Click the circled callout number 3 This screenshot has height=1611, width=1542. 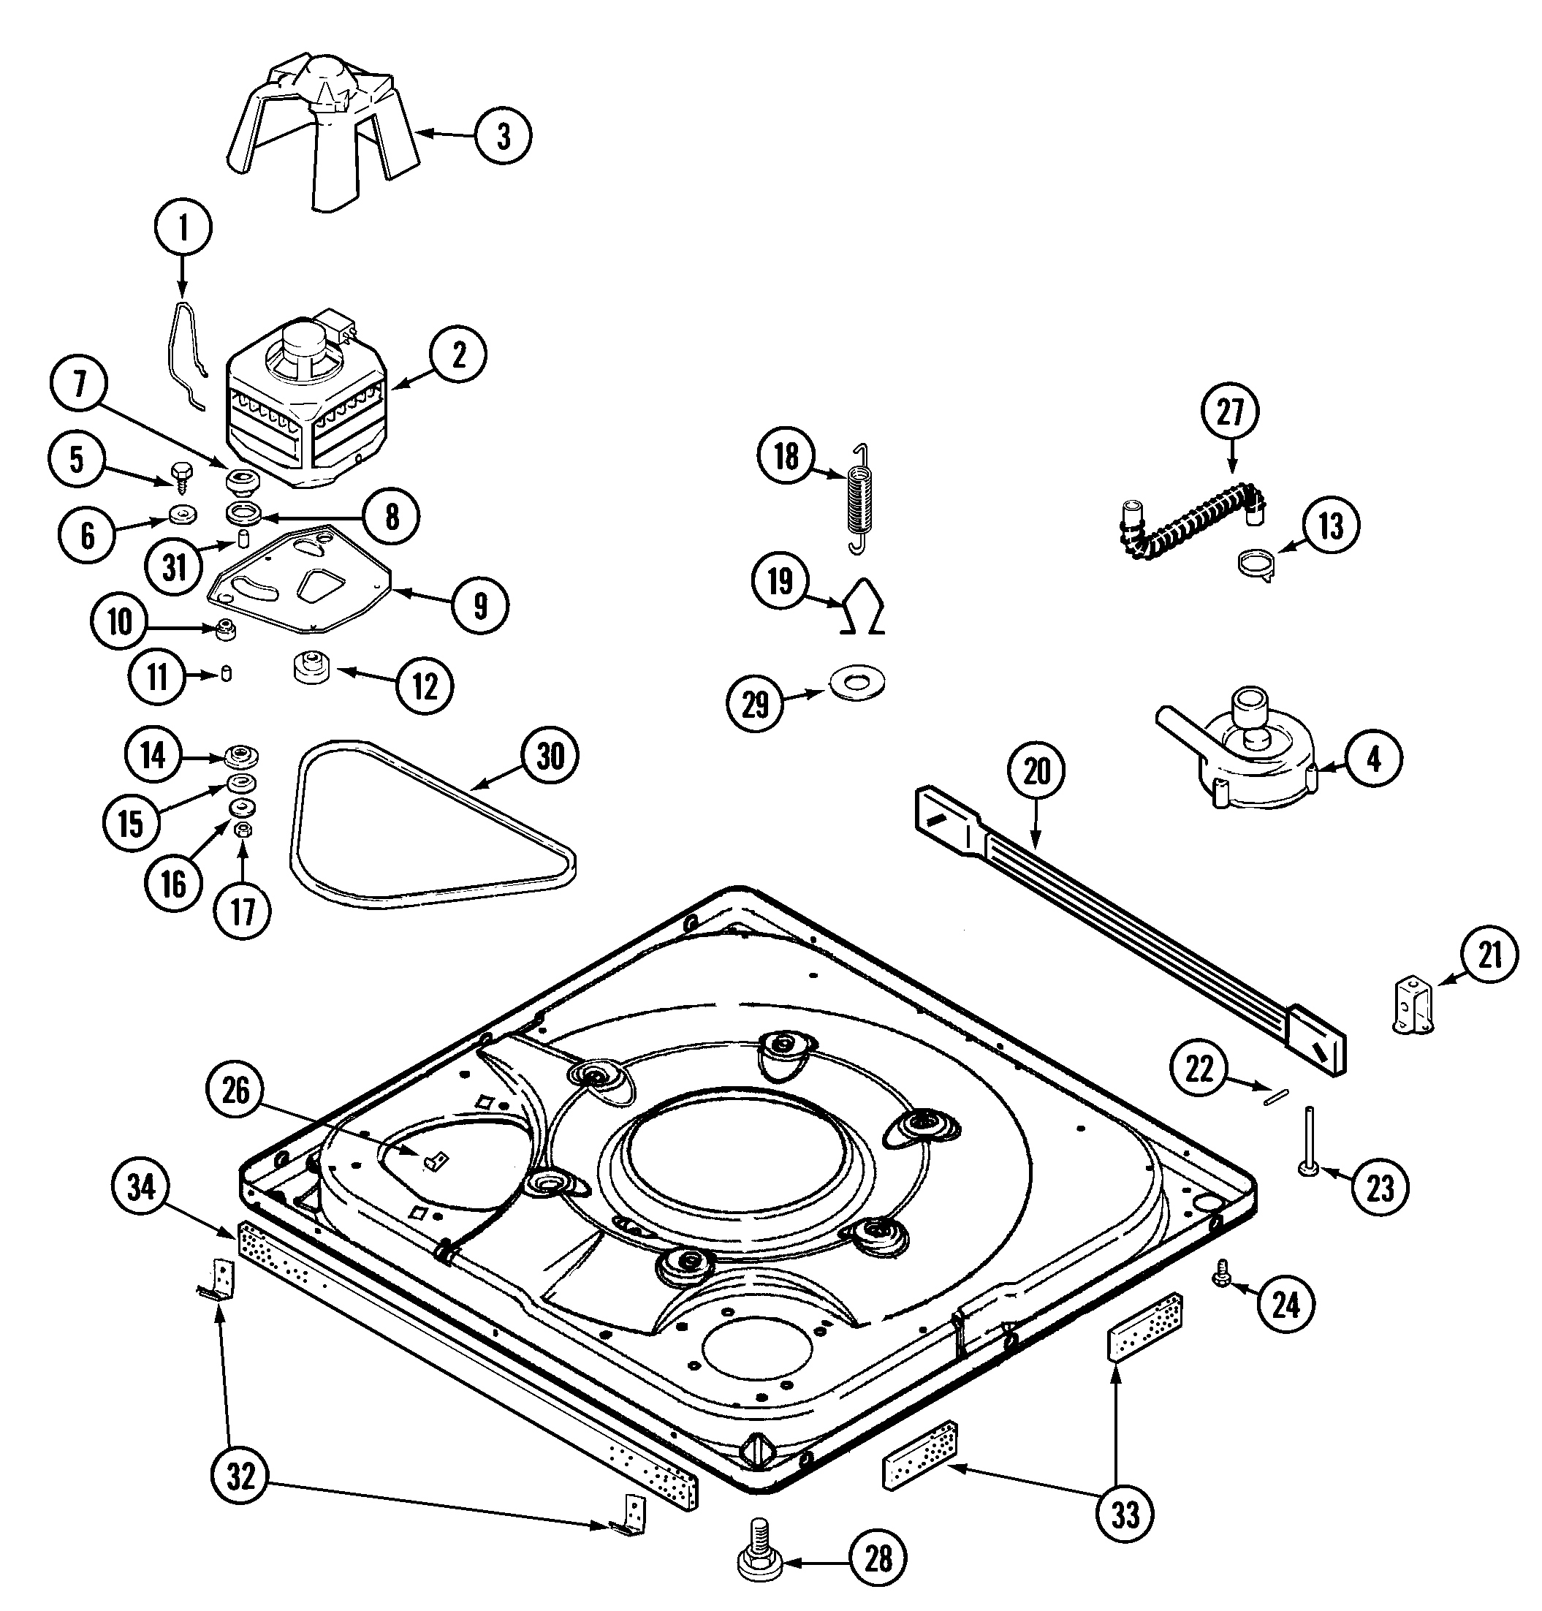tap(503, 136)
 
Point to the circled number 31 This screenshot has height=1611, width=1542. tap(174, 567)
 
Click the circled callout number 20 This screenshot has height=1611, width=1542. tap(1036, 772)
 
